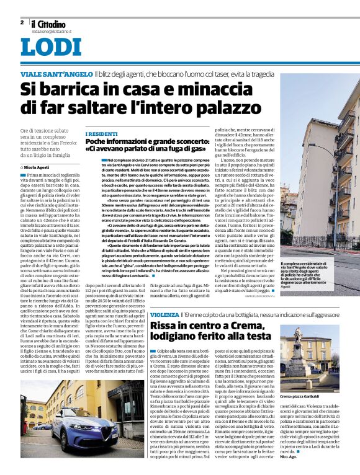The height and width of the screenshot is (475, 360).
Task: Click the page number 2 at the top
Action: tap(22, 22)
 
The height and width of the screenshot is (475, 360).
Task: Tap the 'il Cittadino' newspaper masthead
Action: tap(51, 22)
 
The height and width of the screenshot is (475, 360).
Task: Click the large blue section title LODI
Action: tap(51, 48)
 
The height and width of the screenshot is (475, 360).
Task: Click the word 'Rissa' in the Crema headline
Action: tap(168, 329)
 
